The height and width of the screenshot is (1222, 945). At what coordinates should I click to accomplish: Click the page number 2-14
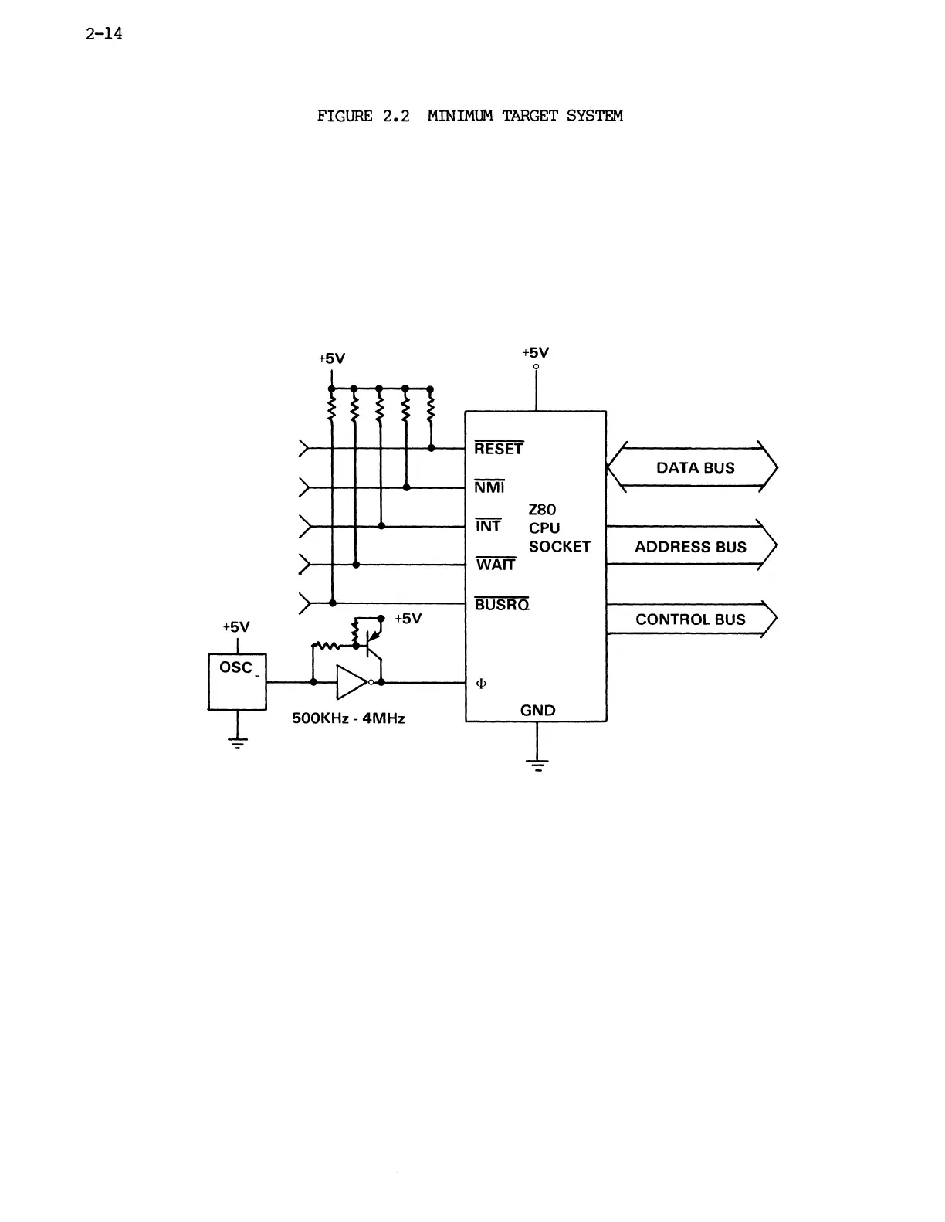(x=104, y=35)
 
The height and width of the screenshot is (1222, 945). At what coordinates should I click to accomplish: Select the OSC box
(x=237, y=681)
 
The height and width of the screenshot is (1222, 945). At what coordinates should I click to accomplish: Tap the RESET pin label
(x=499, y=449)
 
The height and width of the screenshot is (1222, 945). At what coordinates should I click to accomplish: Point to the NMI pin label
(x=489, y=487)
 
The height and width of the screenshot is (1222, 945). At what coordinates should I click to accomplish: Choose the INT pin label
(x=488, y=526)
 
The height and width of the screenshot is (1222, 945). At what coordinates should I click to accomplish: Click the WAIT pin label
(x=496, y=565)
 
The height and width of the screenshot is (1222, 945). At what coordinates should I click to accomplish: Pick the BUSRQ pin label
(x=502, y=605)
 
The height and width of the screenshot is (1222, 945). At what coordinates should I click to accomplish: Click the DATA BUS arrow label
(x=695, y=467)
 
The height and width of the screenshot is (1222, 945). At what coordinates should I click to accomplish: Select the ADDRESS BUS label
(x=690, y=547)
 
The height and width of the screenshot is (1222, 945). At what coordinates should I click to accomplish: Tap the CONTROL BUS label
(x=690, y=619)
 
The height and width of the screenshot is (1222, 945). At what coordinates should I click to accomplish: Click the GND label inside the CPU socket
(x=537, y=711)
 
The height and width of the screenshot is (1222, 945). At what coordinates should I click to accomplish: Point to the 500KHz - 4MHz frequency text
(x=348, y=718)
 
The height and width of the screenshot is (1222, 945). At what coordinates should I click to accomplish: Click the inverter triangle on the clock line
(x=351, y=682)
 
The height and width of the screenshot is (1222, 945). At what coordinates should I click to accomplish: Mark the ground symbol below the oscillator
(x=237, y=744)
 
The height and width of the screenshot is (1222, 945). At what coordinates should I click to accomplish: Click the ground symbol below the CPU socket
(x=537, y=765)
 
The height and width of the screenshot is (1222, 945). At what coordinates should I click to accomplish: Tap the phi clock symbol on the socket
(x=482, y=684)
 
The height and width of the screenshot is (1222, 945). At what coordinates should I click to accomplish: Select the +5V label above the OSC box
(x=236, y=626)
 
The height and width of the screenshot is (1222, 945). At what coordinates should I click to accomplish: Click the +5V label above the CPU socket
(x=536, y=353)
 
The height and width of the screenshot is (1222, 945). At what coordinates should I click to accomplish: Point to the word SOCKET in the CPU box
(x=559, y=547)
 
